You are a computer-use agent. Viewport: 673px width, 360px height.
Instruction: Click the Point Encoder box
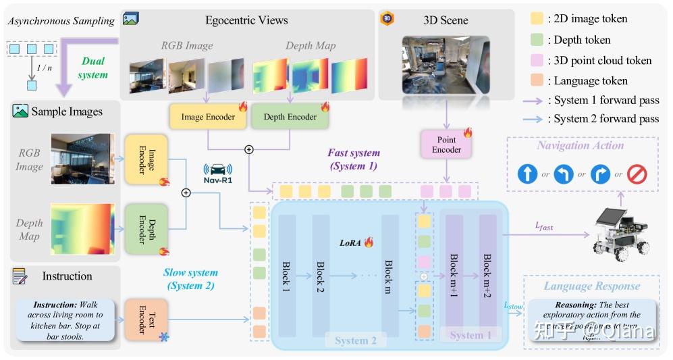point(446,145)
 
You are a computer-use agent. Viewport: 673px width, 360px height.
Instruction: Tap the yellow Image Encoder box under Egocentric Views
point(208,117)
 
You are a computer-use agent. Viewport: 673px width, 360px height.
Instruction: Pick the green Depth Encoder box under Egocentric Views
point(290,117)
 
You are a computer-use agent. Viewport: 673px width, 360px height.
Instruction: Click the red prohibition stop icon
point(637,174)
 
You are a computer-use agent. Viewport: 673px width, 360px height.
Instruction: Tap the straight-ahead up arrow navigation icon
point(527,174)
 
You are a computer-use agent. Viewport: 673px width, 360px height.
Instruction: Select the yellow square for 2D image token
point(538,20)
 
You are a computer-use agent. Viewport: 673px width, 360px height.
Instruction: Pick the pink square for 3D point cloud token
point(538,60)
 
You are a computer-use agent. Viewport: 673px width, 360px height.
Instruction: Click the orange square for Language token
point(538,80)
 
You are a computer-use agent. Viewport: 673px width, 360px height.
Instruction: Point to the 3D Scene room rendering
point(445,65)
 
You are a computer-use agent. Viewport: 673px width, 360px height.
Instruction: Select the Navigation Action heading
point(580,145)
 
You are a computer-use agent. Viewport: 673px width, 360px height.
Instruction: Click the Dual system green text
point(93,68)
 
